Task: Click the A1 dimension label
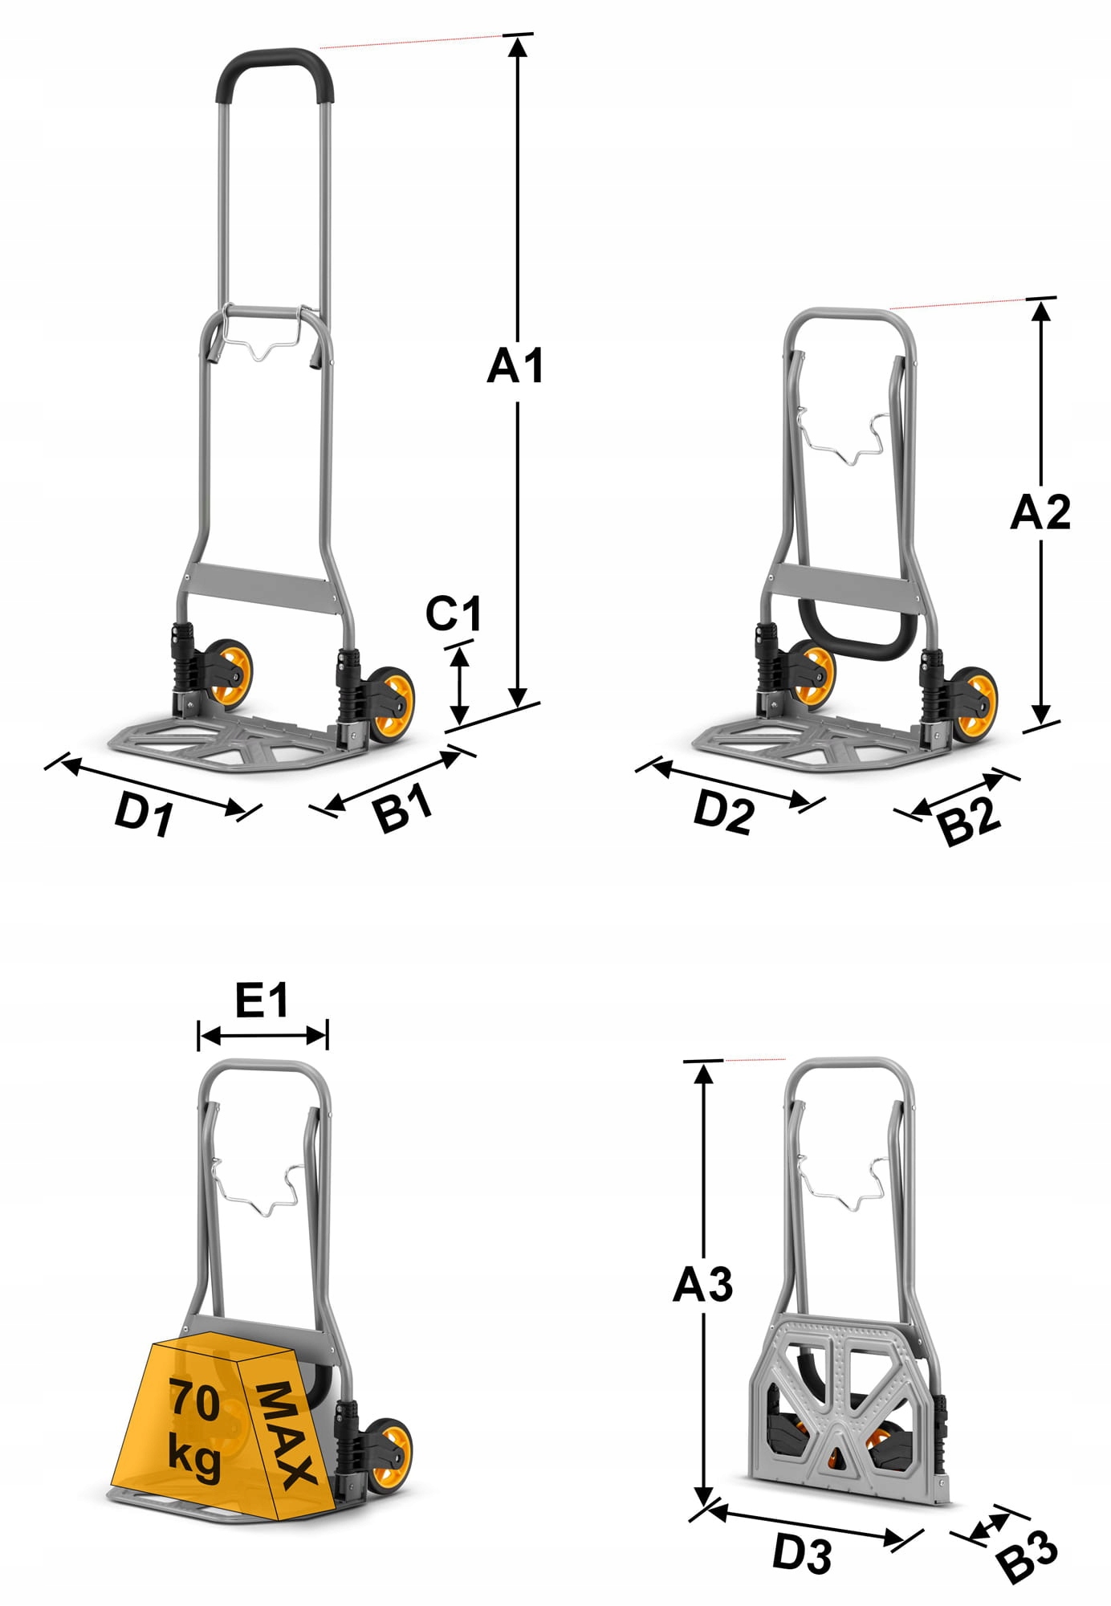click(x=515, y=365)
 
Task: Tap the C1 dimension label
click(x=454, y=613)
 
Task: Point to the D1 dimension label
click(x=144, y=813)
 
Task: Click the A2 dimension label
click(x=1040, y=512)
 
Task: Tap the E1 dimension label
click(x=262, y=1001)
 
